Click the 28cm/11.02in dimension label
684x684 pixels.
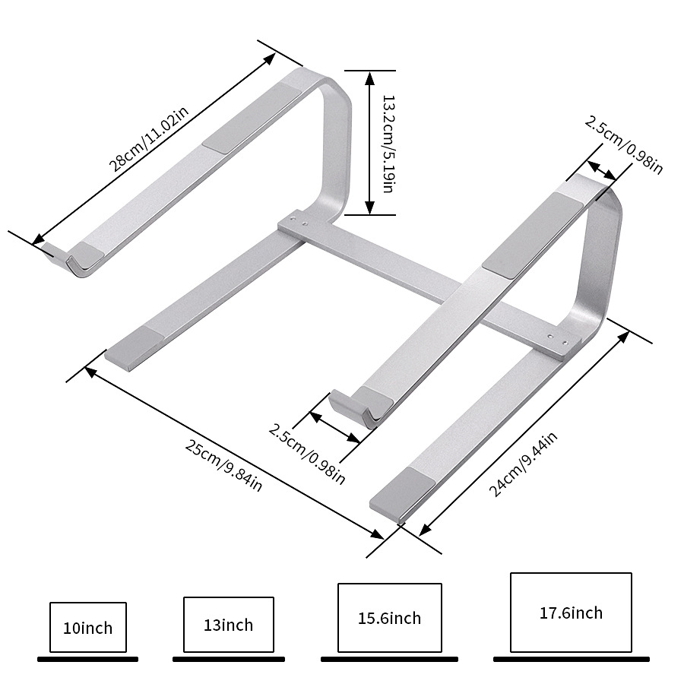coord(149,138)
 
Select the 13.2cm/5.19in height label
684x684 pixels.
coord(388,143)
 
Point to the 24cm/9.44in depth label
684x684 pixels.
coord(523,464)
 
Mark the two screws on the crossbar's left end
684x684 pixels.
coord(299,220)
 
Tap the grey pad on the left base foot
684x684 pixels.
coord(135,341)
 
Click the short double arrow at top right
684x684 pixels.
coord(602,170)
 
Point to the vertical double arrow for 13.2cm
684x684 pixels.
coord(369,143)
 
